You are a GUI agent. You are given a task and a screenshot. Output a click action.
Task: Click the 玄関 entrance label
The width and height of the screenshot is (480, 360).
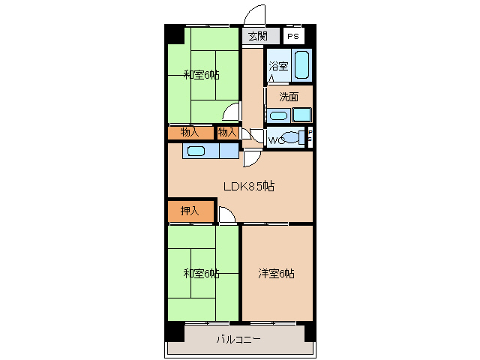(x=257, y=36)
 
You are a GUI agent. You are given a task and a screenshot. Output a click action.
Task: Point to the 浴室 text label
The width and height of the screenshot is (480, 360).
(x=278, y=66)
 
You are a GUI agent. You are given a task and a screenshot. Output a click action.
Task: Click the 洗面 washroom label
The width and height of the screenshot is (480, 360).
(x=289, y=97)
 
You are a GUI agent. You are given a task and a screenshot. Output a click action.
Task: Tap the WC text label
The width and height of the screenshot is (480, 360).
(x=275, y=140)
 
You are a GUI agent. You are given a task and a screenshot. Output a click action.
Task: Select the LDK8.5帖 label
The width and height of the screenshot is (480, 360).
(x=247, y=186)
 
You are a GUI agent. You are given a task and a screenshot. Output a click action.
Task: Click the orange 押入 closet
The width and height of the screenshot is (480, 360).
(x=190, y=211)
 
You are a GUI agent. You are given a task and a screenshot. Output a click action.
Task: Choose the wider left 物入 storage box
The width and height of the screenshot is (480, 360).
(x=190, y=133)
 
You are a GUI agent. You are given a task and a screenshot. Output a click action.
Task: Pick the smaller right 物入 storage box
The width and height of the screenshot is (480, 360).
(x=227, y=133)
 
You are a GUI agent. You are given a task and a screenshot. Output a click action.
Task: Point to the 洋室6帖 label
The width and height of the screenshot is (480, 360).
(x=276, y=274)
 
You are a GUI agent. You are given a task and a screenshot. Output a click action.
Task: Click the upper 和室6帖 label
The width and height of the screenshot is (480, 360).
(x=202, y=74)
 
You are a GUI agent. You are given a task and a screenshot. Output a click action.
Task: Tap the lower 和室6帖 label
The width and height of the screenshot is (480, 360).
(x=201, y=273)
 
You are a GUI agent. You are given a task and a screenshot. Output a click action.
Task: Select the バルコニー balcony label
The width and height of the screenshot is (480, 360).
(x=238, y=339)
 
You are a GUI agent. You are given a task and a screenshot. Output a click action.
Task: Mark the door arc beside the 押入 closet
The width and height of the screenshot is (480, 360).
(x=226, y=215)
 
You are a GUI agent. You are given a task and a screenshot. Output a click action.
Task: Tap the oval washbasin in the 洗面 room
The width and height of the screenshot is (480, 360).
(x=277, y=115)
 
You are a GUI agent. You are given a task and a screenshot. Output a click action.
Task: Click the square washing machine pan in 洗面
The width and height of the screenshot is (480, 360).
(x=301, y=115)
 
